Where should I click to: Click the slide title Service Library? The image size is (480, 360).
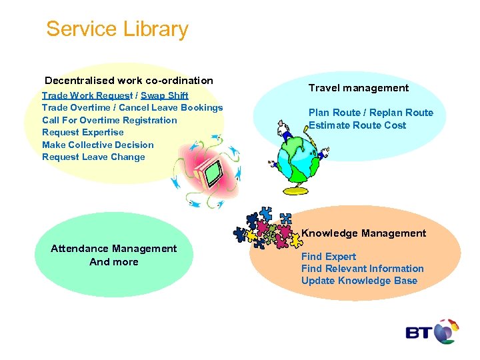point(117,29)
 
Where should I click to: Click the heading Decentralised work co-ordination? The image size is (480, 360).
point(129,81)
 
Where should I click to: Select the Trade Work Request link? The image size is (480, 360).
point(87,95)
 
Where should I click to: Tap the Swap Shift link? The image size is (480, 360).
point(165,95)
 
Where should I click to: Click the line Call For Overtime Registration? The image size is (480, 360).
point(109,120)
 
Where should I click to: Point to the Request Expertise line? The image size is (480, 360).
point(83,132)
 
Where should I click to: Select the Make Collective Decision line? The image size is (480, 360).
point(97,145)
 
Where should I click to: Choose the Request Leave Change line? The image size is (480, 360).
point(93,157)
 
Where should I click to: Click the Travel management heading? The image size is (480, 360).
point(359,88)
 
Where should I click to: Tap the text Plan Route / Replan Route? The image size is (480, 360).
point(371,113)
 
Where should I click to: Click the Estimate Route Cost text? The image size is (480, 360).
point(357,125)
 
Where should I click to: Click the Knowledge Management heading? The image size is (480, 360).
point(364,233)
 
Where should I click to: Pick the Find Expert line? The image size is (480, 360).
point(329,257)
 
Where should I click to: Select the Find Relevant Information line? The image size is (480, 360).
point(363,269)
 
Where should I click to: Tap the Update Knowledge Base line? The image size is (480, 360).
point(359,281)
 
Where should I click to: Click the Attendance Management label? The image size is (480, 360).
point(114,249)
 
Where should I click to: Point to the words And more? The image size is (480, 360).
point(114,262)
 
